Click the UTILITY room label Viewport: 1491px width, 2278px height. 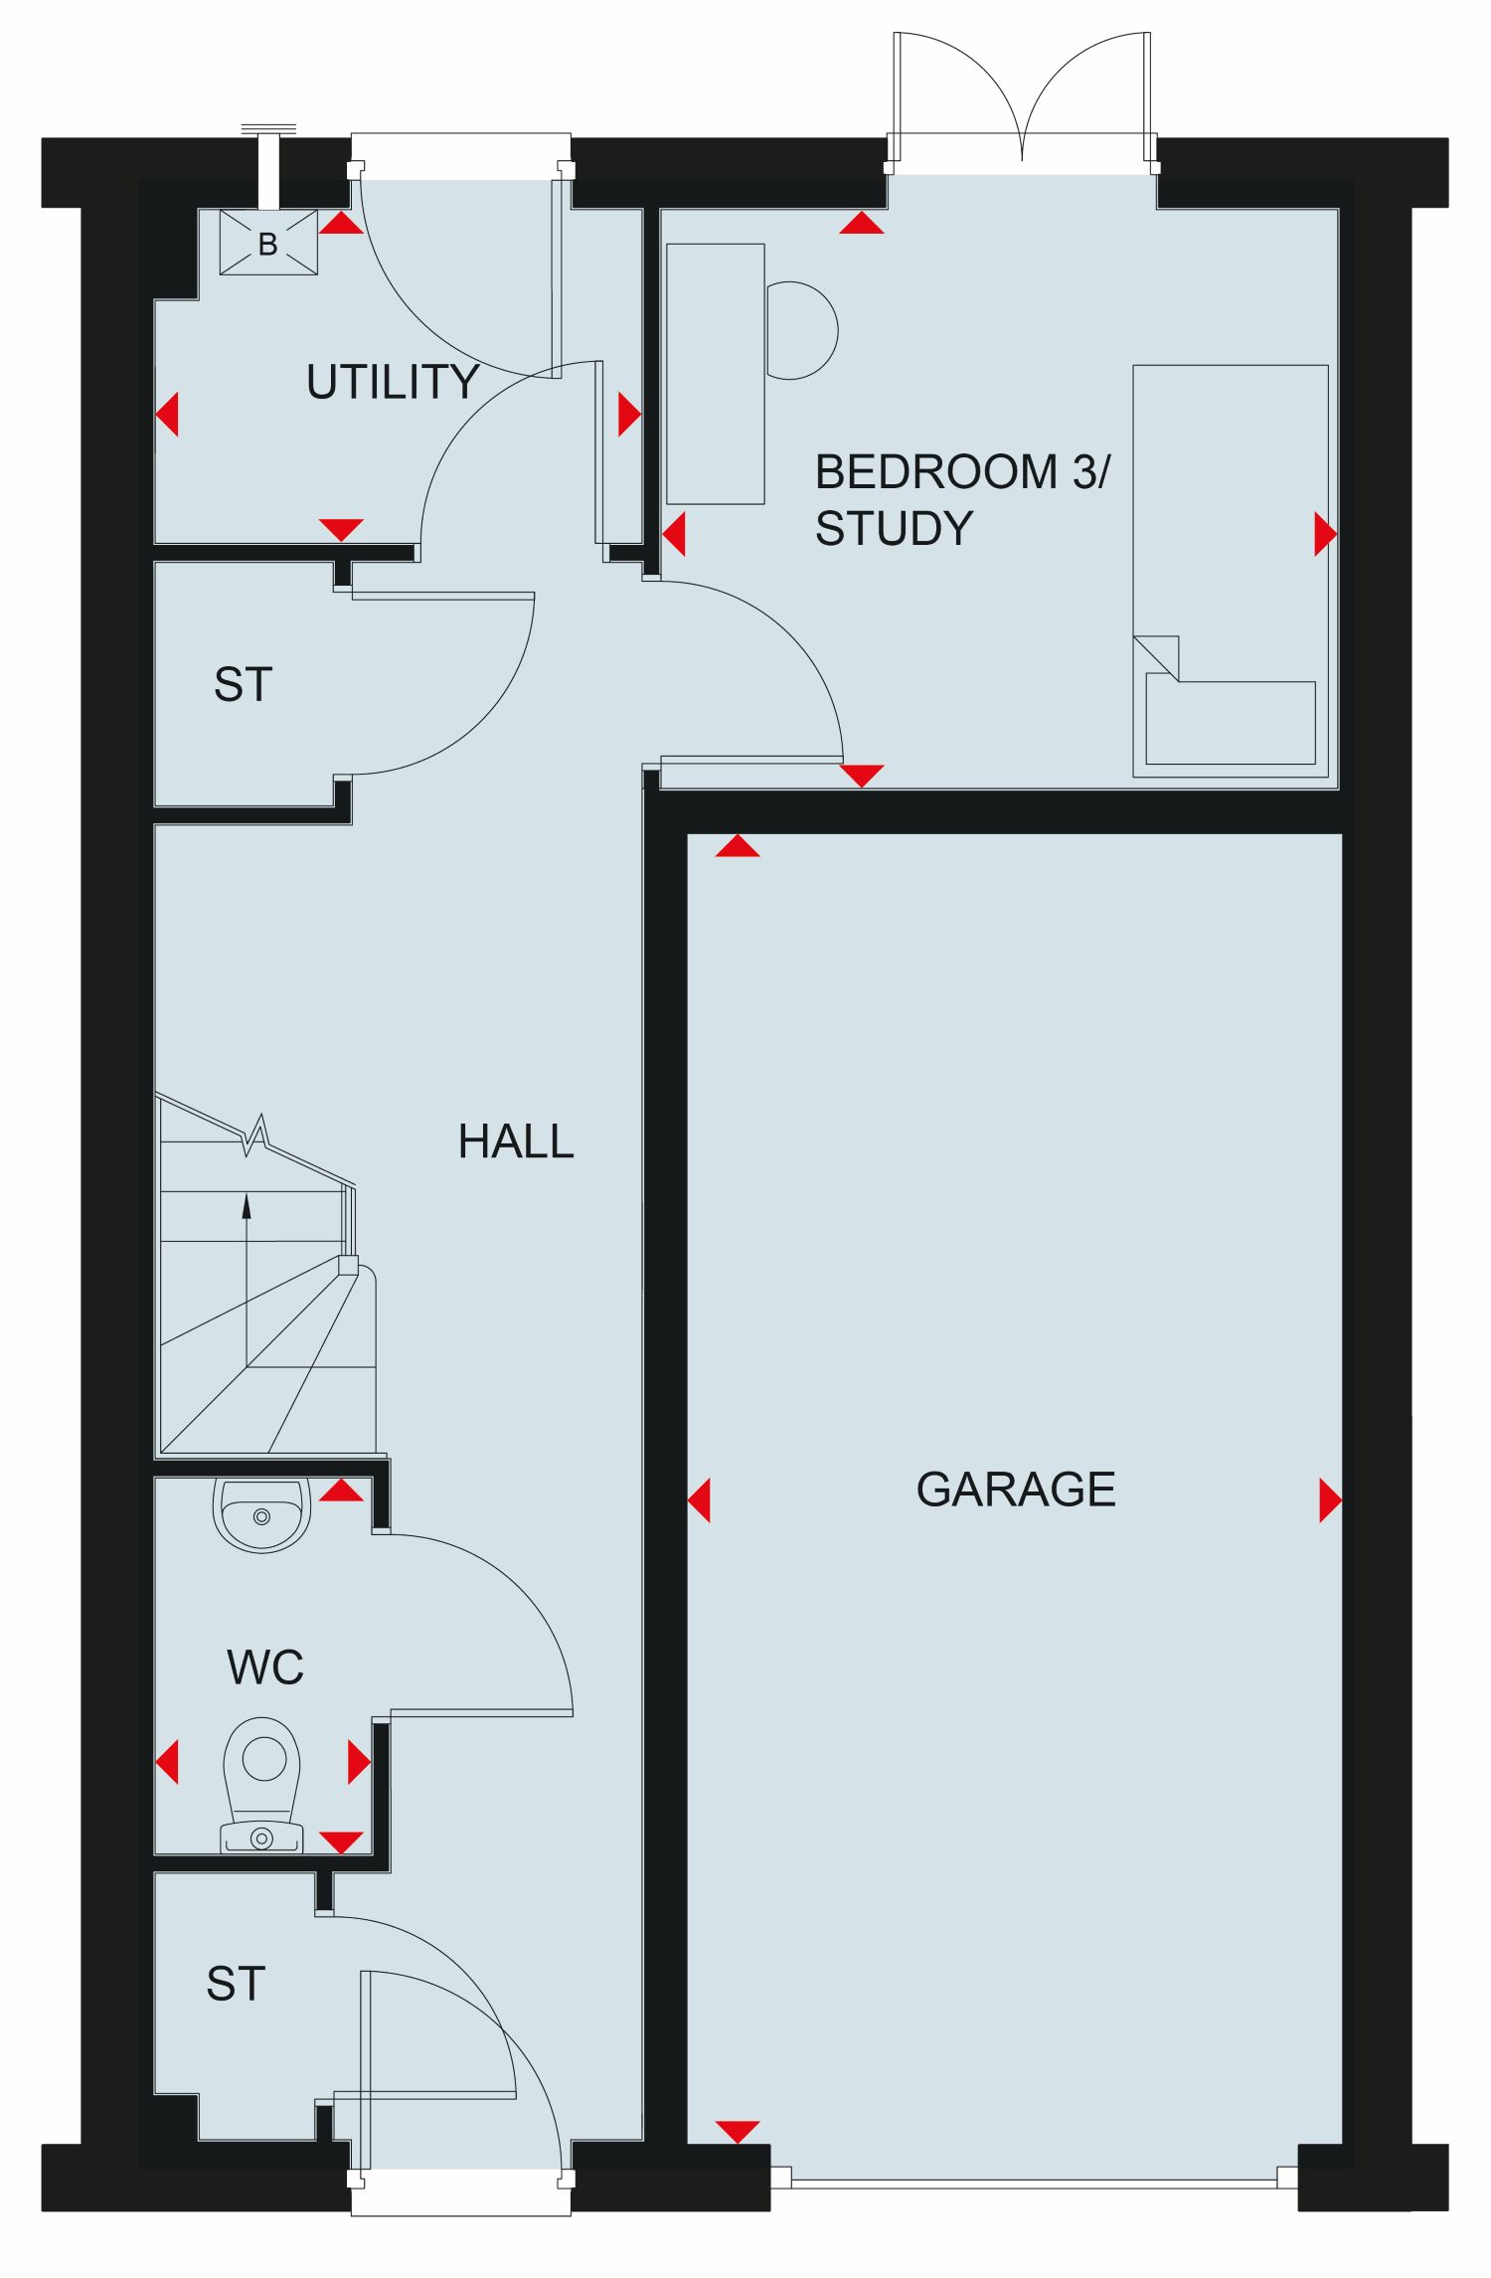click(393, 382)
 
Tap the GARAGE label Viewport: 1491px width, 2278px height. click(1016, 1489)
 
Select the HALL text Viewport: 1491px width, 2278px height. click(516, 1141)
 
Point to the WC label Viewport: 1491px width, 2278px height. click(265, 1667)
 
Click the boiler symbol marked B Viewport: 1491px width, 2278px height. click(268, 242)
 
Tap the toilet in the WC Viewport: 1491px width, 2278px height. click(262, 1785)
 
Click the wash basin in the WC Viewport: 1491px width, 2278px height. click(261, 1514)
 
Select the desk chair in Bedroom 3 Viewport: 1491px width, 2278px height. click(801, 330)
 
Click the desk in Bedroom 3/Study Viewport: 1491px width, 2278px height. click(716, 374)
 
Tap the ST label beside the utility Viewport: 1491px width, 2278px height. click(243, 685)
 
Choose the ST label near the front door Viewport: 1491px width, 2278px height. click(236, 1984)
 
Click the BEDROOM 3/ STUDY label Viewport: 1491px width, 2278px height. click(962, 500)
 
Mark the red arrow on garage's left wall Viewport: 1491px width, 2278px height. click(699, 1499)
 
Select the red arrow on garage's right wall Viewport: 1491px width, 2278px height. click(1331, 1499)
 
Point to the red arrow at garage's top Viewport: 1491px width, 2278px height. click(737, 845)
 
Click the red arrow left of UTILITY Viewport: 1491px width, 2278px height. click(167, 414)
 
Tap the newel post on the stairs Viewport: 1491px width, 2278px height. click(348, 1266)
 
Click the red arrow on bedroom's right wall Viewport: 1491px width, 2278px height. click(1326, 534)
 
